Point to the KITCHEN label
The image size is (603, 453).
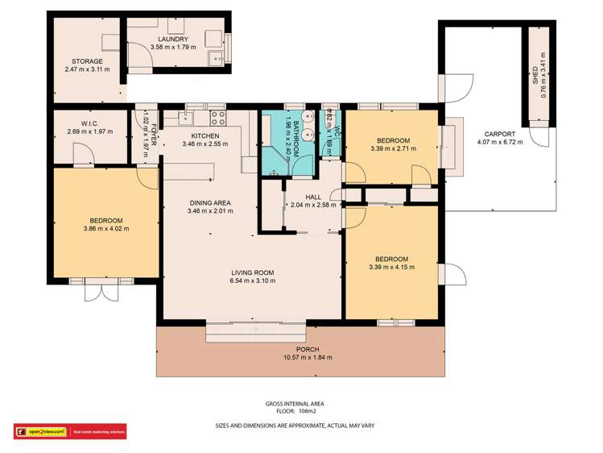point(205,136)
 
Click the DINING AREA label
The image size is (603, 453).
point(211,203)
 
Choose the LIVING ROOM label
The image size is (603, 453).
point(252,273)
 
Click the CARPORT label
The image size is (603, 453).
point(499,134)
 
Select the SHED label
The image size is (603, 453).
point(535,77)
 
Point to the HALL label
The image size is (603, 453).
point(314,197)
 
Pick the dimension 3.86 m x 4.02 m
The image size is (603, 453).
point(106,229)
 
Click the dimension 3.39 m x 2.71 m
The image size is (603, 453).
point(392,148)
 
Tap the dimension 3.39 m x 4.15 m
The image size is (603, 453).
point(392,267)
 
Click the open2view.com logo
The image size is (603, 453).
point(40,431)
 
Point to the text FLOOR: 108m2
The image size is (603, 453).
point(295,411)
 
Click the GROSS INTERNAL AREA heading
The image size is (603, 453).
point(295,403)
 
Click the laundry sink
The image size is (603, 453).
point(215,58)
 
